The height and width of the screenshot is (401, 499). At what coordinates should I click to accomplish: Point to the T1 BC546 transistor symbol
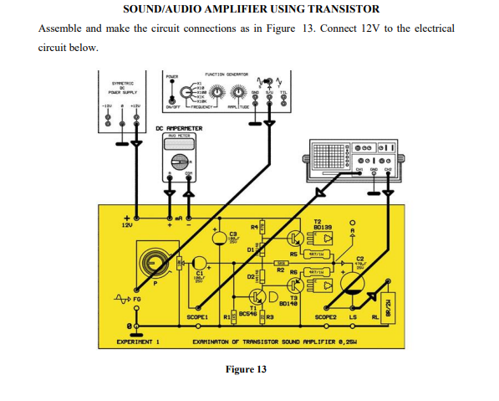pos(255,299)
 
